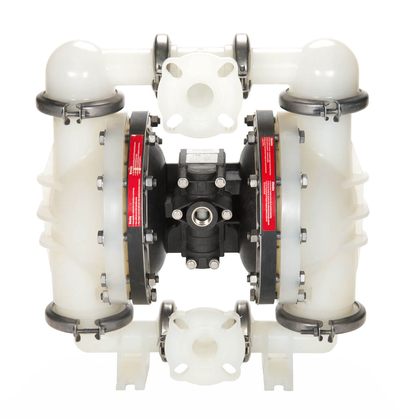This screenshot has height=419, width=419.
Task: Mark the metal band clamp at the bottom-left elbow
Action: click(87, 321)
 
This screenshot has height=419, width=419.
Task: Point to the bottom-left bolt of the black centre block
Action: click(190, 263)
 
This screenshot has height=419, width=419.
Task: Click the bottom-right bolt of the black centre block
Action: click(213, 263)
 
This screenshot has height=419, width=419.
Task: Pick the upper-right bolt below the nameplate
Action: click(220, 182)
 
